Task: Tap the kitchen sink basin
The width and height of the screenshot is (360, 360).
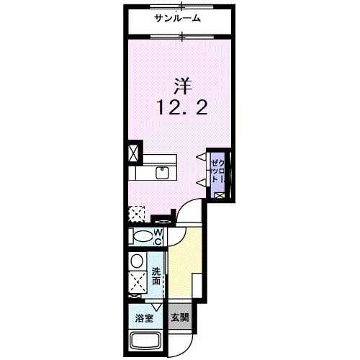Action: [x=162, y=173]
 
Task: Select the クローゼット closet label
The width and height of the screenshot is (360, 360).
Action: [x=217, y=173]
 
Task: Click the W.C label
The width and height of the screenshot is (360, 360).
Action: [x=160, y=237]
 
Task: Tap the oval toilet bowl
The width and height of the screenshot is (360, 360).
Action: [x=142, y=237]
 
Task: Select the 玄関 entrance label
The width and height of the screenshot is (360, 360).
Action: [x=179, y=316]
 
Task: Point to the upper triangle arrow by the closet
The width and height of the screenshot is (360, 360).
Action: [x=202, y=157]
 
